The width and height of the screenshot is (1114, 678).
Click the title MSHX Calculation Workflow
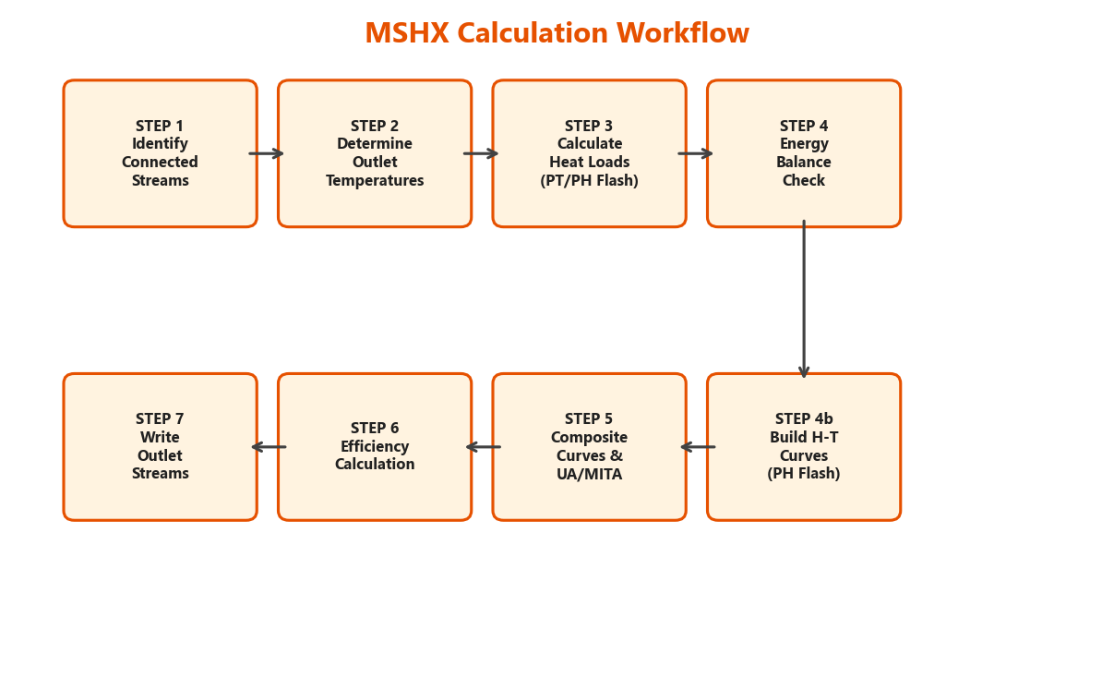pos(557,34)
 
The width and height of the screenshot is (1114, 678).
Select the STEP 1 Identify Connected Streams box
pos(160,153)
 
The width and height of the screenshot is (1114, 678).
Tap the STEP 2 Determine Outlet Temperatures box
pos(375,153)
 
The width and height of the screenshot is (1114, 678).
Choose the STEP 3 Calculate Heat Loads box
pos(589,153)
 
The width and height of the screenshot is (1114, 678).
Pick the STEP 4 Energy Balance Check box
pos(804,153)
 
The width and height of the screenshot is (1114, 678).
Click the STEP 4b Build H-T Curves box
pos(804,447)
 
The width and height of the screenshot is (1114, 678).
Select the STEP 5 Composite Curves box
pos(589,447)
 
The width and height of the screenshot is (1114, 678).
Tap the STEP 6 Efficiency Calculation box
pos(375,447)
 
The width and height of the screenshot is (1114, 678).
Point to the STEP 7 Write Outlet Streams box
pos(160,447)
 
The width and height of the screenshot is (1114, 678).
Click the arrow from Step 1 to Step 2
pos(267,153)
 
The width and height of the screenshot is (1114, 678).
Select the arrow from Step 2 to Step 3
pos(481,153)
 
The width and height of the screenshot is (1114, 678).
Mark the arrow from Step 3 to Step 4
pos(696,153)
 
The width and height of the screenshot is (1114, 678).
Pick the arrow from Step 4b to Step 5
pos(698,447)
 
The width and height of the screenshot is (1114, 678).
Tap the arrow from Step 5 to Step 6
pos(483,447)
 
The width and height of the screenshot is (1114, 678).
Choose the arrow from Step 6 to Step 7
pos(269,447)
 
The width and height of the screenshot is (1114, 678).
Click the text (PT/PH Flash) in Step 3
pos(589,181)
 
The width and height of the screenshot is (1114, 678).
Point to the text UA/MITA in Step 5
pos(589,475)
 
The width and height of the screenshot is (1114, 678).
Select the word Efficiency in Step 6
pos(375,447)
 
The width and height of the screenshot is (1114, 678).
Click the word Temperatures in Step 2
pos(375,181)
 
